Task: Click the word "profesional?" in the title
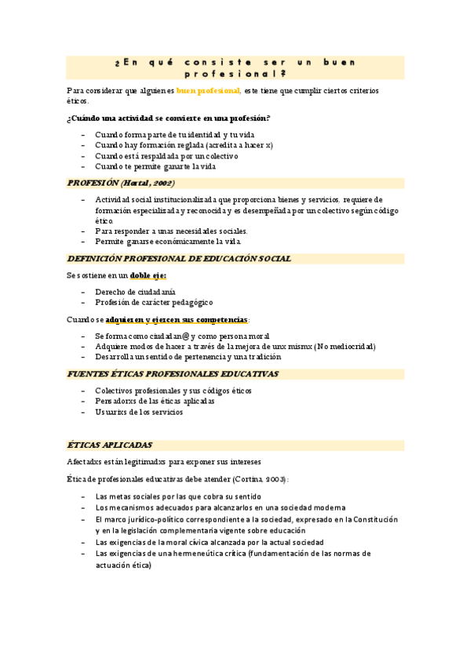coord(235,74)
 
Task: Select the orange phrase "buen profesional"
coord(208,92)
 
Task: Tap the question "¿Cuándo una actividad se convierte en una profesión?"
coord(169,118)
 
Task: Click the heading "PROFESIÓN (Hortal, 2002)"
coord(121,184)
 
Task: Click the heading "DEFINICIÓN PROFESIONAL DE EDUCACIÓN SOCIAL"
coord(180,259)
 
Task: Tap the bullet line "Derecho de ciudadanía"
coord(135,292)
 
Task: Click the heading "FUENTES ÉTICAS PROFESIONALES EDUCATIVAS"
coord(173,374)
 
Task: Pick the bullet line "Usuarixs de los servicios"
coord(139,412)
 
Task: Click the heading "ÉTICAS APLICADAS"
coord(110,445)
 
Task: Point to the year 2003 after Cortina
coord(271,478)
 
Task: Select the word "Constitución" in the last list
coord(376,520)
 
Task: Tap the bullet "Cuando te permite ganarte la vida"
coord(155,166)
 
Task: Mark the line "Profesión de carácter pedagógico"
coord(154,302)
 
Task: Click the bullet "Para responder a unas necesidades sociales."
coord(171,231)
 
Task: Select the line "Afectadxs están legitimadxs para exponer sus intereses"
coord(164,462)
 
